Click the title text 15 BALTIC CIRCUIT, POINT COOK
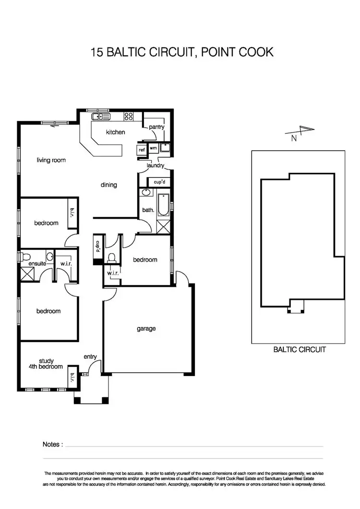[x=182, y=52]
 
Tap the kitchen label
[x=115, y=132]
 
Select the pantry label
[x=156, y=127]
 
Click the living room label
[x=51, y=160]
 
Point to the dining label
[x=109, y=185]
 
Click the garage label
[x=146, y=329]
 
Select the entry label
[x=90, y=356]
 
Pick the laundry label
[x=156, y=166]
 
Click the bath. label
[x=148, y=210]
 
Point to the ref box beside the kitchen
[x=142, y=150]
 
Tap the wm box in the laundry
[x=153, y=149]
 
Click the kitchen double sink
[x=101, y=116]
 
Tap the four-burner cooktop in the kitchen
[x=128, y=116]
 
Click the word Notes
[x=52, y=445]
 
